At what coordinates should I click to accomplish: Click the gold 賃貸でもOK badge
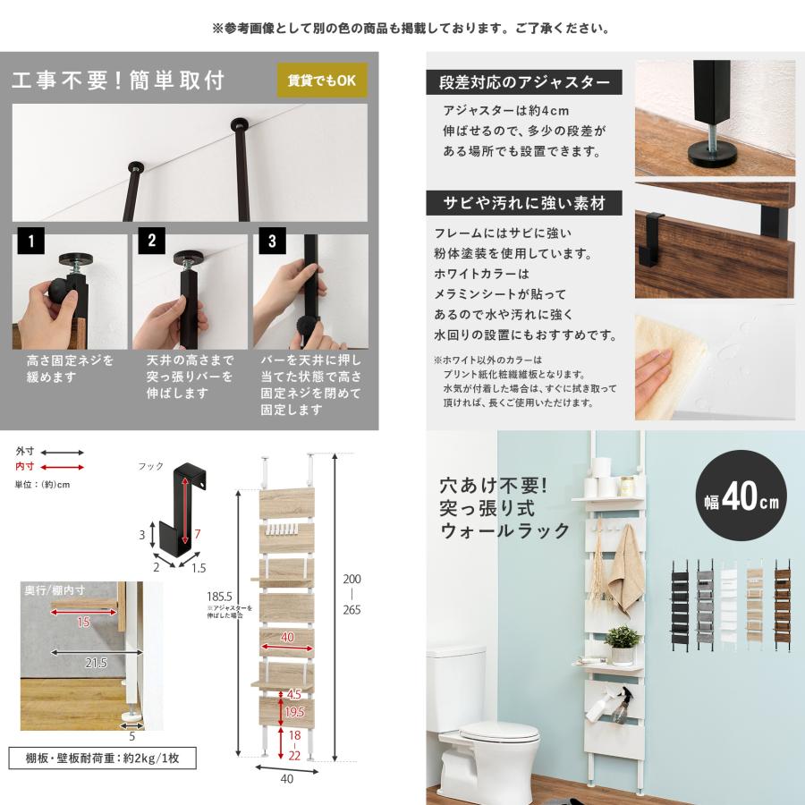322,80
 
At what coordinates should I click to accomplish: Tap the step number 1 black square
30,241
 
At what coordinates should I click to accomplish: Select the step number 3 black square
272,241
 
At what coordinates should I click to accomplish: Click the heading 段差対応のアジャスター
523,82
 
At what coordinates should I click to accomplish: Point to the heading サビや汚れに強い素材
523,203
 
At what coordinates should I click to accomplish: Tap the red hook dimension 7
197,534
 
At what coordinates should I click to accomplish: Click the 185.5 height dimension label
219,597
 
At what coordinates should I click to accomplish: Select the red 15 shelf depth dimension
83,623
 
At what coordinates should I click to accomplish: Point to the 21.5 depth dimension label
96,663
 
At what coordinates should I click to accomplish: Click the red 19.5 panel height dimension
294,712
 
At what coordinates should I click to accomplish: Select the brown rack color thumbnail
783,606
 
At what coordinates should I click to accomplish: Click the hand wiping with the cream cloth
657,365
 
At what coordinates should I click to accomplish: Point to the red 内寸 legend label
24,466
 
